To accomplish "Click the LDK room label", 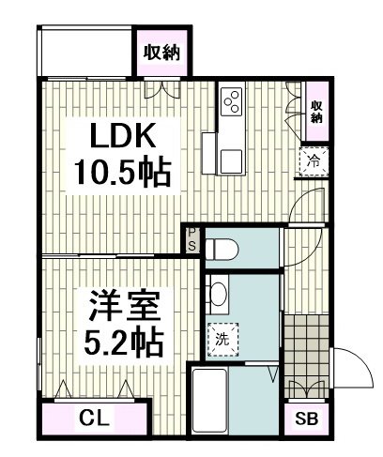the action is click(123, 135).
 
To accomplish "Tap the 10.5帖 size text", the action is click(122, 173).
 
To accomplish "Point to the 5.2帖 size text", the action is click(124, 343).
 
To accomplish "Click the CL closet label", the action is click(94, 419).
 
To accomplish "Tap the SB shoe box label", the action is click(307, 419).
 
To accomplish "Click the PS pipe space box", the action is click(192, 240).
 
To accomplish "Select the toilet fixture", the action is click(222, 250).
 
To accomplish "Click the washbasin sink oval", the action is click(218, 294).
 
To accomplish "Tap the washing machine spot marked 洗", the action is click(223, 340).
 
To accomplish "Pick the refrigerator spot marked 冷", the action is click(314, 161).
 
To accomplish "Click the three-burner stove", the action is click(232, 100).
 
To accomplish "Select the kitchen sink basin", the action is click(231, 161).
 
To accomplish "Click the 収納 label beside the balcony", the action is click(161, 53).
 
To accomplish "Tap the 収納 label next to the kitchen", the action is click(316, 112).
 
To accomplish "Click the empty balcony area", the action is click(86, 53).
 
